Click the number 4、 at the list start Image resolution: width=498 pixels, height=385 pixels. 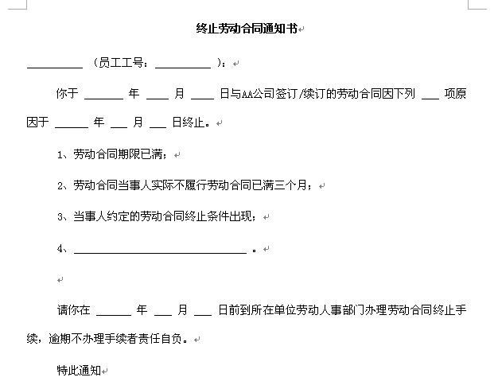click(64, 248)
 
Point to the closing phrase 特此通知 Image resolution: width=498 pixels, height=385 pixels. click(78, 370)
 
